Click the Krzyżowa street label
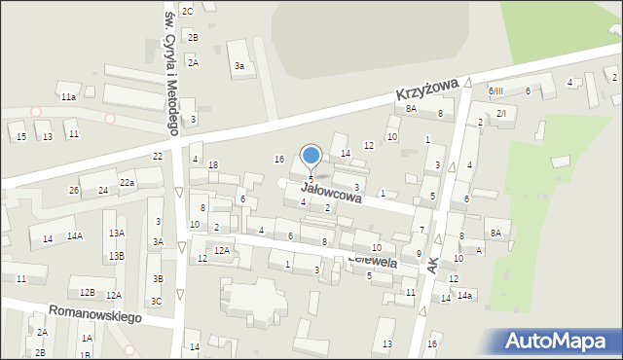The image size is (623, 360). [426, 92]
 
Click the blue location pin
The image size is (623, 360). [311, 158]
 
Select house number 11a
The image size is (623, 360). [68, 97]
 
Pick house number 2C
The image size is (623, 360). [188, 11]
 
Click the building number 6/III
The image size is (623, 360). [496, 90]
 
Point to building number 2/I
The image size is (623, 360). [501, 114]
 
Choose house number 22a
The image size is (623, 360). [128, 183]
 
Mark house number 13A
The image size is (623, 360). [117, 234]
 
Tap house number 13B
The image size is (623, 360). [117, 256]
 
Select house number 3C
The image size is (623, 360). [156, 301]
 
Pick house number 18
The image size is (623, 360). [212, 165]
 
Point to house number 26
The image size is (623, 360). [74, 190]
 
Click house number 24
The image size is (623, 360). [102, 190]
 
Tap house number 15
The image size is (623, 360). [21, 137]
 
